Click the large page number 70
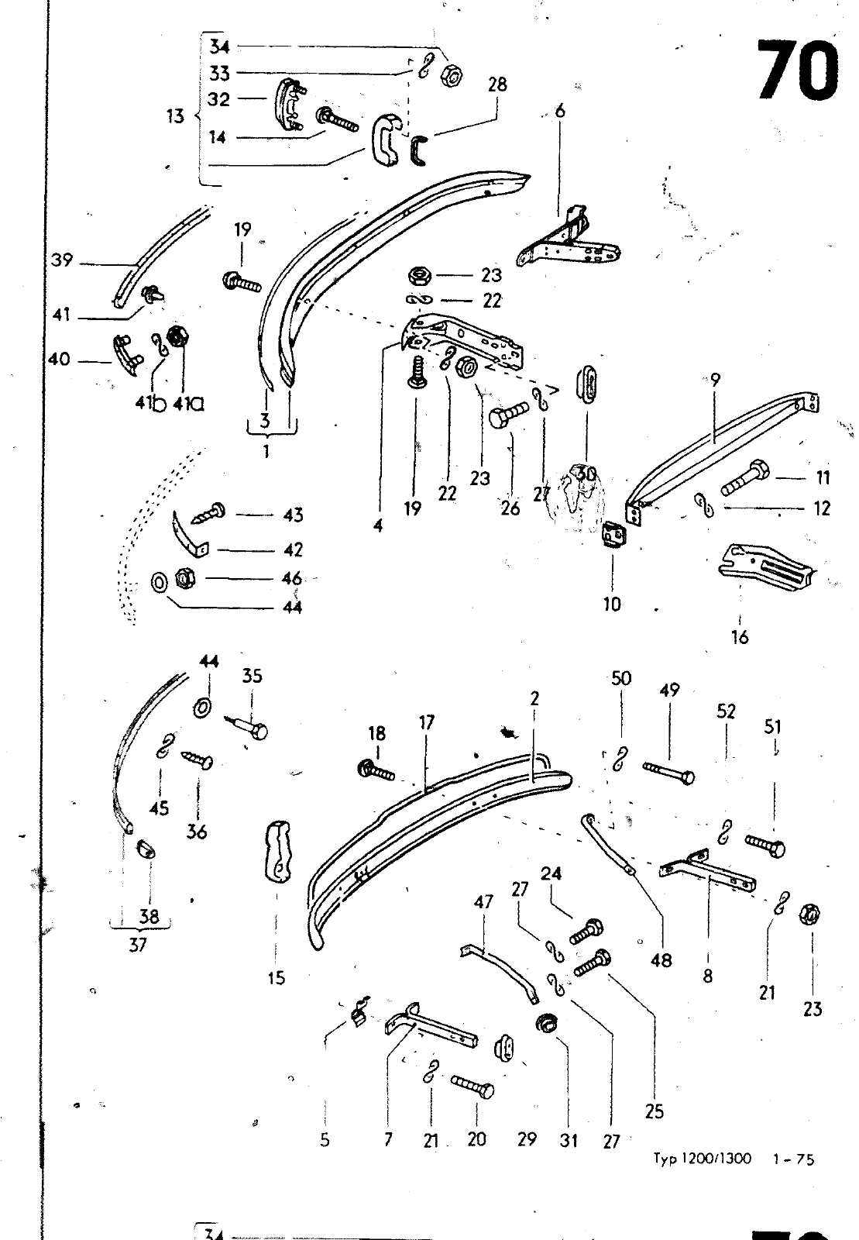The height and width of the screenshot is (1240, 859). pyautogui.click(x=797, y=71)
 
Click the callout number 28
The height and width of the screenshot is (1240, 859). pyautogui.click(x=497, y=84)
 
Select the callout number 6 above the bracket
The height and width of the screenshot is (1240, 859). pyautogui.click(x=560, y=112)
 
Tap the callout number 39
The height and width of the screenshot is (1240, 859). pyautogui.click(x=62, y=260)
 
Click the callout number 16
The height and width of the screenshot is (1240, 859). pyautogui.click(x=740, y=637)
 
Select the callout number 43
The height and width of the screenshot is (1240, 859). pyautogui.click(x=293, y=515)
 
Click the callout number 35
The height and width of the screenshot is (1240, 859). pyautogui.click(x=252, y=676)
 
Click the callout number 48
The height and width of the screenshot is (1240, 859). pyautogui.click(x=661, y=960)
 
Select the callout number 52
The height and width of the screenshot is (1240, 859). pyautogui.click(x=726, y=711)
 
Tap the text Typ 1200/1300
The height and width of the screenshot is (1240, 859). pyautogui.click(x=702, y=1159)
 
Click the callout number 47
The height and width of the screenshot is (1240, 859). pyautogui.click(x=484, y=902)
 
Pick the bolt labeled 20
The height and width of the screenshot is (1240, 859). pyautogui.click(x=472, y=1088)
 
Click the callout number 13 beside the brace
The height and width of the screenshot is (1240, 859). pyautogui.click(x=175, y=116)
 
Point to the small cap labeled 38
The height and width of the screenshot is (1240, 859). pyautogui.click(x=146, y=849)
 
